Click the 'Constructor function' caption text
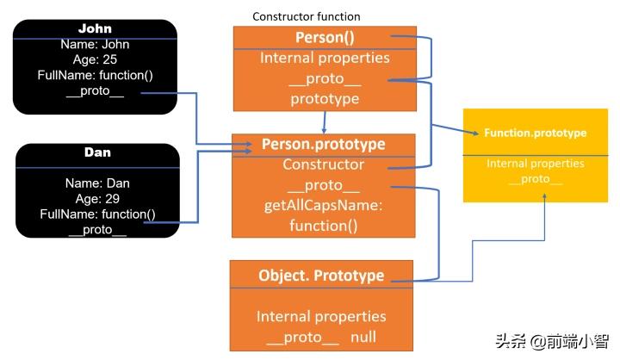(x=306, y=16)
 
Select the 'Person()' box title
(x=323, y=38)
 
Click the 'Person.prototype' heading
(x=323, y=144)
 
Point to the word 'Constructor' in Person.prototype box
(x=323, y=164)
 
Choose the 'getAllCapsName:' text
(x=323, y=206)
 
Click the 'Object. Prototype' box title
(x=321, y=276)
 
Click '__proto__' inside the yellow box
(x=535, y=179)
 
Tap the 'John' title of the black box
(x=95, y=29)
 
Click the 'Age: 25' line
(x=95, y=60)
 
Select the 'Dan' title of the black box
(x=97, y=152)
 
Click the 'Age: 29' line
(x=97, y=198)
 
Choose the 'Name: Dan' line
(x=97, y=183)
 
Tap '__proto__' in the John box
(x=95, y=91)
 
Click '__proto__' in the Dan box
(x=97, y=228)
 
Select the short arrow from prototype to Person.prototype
(x=323, y=121)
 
